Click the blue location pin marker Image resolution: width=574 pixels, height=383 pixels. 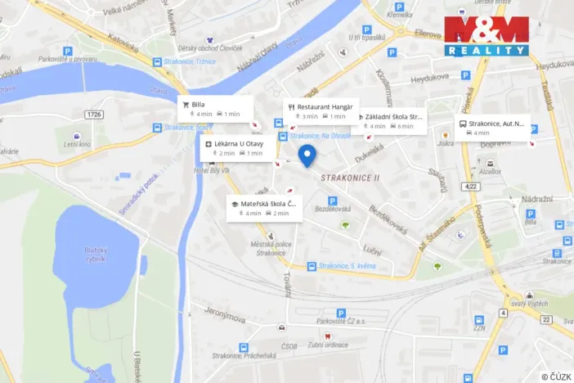tap(307, 155)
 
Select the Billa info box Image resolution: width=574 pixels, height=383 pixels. tap(215, 109)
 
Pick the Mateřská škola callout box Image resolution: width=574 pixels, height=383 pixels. tap(265, 208)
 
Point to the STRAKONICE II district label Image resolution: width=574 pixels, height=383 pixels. tap(350, 178)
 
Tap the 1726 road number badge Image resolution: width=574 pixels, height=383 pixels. tap(94, 115)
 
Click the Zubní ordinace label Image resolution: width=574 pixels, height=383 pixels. tap(328, 345)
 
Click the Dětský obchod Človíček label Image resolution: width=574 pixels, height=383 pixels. tap(215, 47)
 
